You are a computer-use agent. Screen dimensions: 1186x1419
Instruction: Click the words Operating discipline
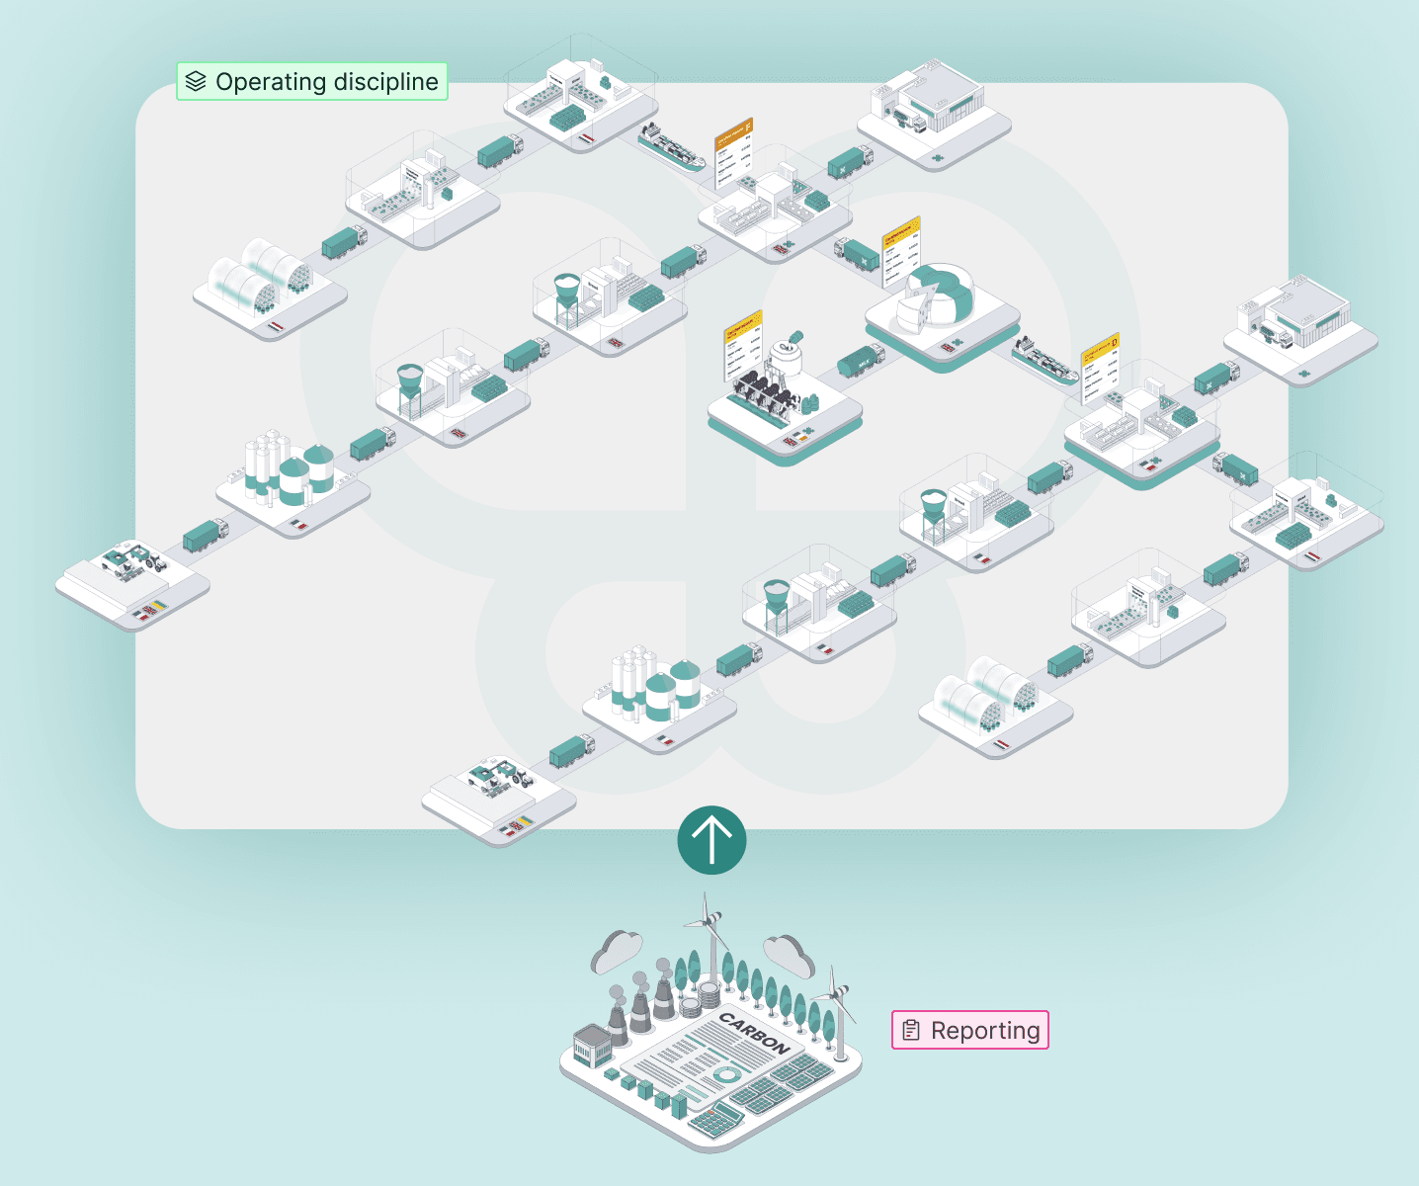point(326,82)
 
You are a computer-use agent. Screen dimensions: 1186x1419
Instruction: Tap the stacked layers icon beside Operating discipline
point(196,82)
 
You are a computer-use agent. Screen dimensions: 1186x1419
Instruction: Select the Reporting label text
point(985,1031)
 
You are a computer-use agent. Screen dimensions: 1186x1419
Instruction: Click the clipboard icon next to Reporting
point(911,1031)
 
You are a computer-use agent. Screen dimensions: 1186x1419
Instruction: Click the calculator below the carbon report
point(715,1120)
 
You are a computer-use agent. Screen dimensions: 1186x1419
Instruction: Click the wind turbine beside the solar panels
point(835,1008)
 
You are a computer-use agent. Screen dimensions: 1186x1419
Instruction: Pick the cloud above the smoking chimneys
point(618,951)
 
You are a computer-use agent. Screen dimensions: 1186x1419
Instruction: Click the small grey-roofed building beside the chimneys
point(592,1045)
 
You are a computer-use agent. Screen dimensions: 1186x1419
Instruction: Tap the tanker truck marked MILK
point(861,361)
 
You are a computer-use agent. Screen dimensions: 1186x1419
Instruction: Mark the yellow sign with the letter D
point(1100,365)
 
